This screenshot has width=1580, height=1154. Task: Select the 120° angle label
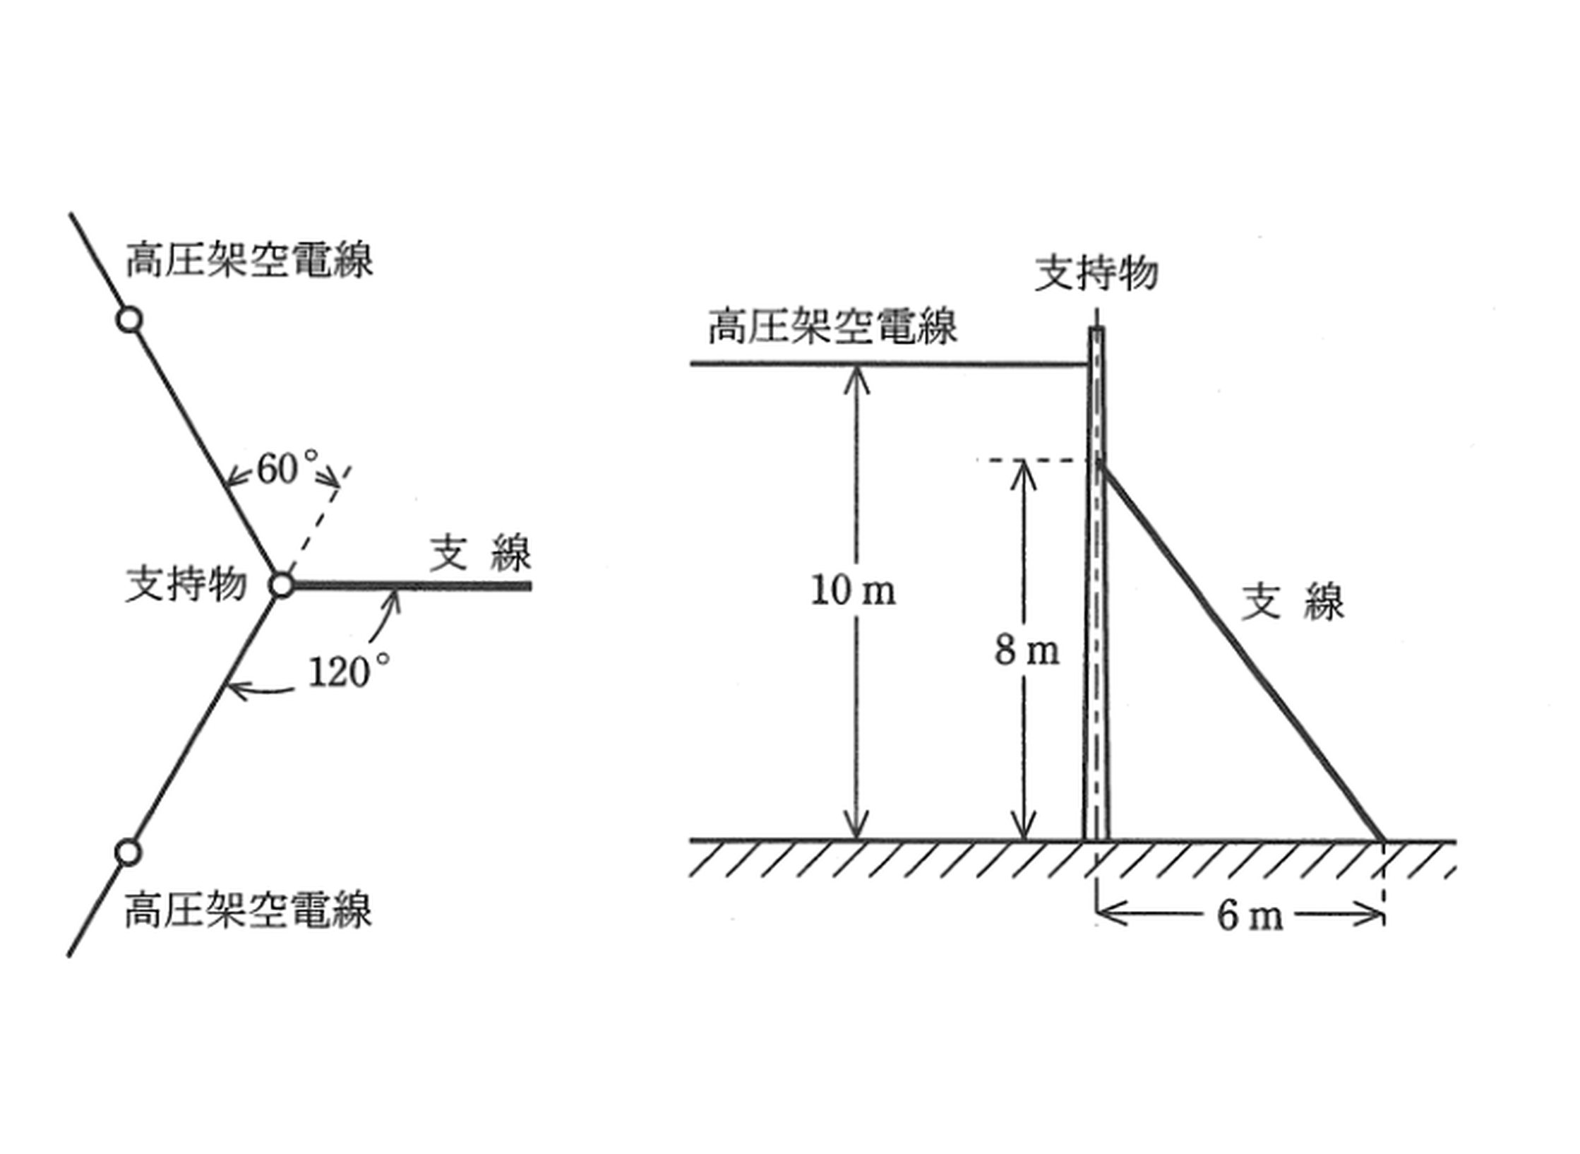pyautogui.click(x=349, y=671)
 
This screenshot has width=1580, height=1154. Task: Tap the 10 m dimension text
pyautogui.click(x=854, y=590)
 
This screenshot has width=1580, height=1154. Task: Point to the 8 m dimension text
pyautogui.click(x=1027, y=650)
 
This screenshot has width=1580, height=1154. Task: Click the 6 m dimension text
pyautogui.click(x=1250, y=917)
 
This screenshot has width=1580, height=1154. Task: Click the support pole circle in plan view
pyautogui.click(x=282, y=585)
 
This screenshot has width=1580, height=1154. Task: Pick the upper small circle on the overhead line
pyautogui.click(x=129, y=320)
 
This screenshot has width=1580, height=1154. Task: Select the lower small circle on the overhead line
pyautogui.click(x=128, y=852)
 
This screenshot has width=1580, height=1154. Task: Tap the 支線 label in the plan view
pyautogui.click(x=481, y=554)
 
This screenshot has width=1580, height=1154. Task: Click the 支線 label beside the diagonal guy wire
pyautogui.click(x=1293, y=602)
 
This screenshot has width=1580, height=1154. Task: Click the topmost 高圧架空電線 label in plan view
pyautogui.click(x=249, y=260)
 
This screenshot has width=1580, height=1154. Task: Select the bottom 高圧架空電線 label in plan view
pyautogui.click(x=248, y=910)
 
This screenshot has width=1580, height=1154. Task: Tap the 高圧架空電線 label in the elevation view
pyautogui.click(x=833, y=326)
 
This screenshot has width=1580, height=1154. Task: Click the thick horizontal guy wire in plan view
pyautogui.click(x=412, y=585)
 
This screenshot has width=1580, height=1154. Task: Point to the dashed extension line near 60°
pyautogui.click(x=318, y=521)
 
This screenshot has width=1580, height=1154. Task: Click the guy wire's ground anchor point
pyautogui.click(x=1382, y=840)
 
